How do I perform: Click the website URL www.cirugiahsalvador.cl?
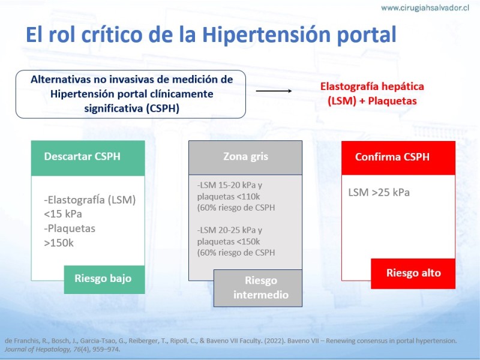[425, 8]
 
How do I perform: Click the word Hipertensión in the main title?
[266, 34]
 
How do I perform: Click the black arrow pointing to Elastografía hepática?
[274, 91]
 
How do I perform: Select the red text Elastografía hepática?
[372, 86]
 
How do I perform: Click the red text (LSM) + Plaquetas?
[372, 101]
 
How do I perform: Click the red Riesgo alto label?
[413, 274]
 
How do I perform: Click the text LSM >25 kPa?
[379, 193]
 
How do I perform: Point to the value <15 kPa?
[63, 214]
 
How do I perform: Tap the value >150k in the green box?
[59, 243]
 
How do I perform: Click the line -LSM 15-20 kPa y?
[230, 185]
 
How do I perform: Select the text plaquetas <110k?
[229, 197]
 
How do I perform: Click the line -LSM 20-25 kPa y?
[230, 230]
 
